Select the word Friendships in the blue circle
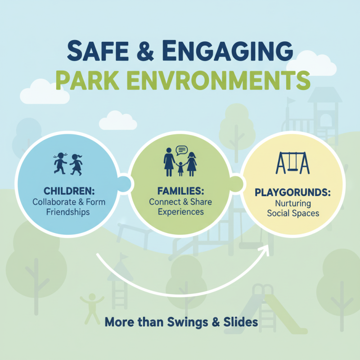tap(68, 211)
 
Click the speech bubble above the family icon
tap(181, 151)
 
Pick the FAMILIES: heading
tap(180, 191)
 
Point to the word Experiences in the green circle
tap(180, 211)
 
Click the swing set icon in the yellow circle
tap(292, 163)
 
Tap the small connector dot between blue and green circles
tap(125, 184)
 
